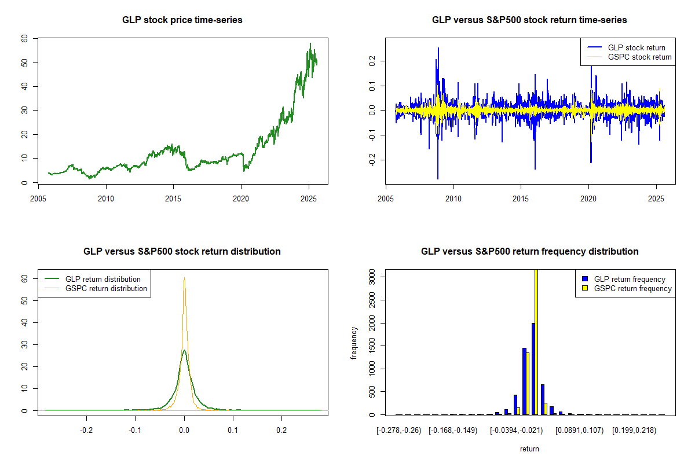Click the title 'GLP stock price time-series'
click(x=182, y=20)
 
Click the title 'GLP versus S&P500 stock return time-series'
click(x=529, y=20)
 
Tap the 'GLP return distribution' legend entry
click(x=103, y=279)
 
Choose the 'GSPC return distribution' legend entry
click(x=106, y=288)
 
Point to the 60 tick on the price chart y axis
click(x=24, y=38)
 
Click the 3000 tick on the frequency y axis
click(x=372, y=277)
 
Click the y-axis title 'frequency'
click(x=354, y=343)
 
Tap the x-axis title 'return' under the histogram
click(x=529, y=449)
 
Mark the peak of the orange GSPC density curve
click(x=184, y=278)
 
